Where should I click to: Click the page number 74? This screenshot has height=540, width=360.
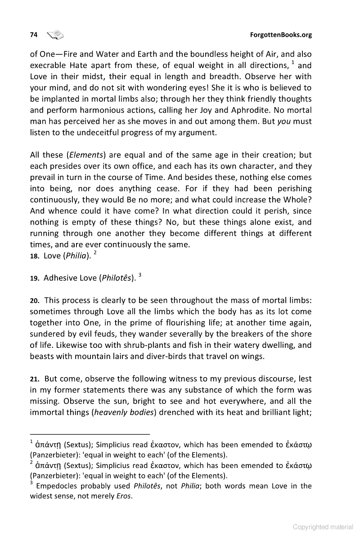point(33,35)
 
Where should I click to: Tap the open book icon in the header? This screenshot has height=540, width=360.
point(55,35)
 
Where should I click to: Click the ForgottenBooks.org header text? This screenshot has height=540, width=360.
point(280,35)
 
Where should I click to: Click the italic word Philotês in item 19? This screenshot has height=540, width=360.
point(118,278)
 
